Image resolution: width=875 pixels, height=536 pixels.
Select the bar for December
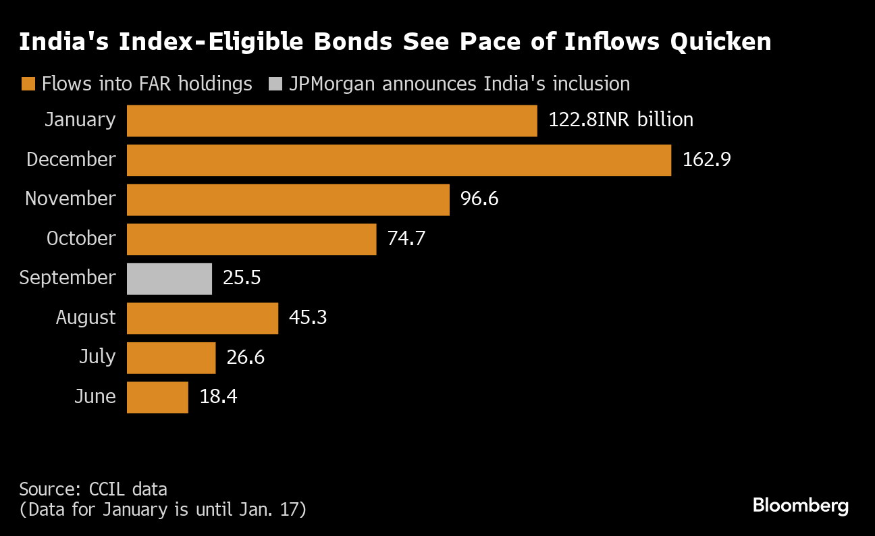click(x=398, y=160)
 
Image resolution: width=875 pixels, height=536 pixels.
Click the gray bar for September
click(x=169, y=279)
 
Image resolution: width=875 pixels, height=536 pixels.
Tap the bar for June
click(x=157, y=397)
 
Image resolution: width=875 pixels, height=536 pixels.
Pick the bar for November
click(x=288, y=200)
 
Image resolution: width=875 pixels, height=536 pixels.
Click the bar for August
click(x=203, y=318)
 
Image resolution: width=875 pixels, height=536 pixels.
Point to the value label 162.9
click(x=707, y=160)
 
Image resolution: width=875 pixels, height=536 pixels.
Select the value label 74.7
click(x=406, y=239)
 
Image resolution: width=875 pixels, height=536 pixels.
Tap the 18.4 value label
click(x=218, y=397)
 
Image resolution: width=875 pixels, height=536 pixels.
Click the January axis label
click(x=80, y=120)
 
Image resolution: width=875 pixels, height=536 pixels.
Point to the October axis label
click(x=81, y=239)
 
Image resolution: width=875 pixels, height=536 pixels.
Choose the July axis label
click(x=97, y=357)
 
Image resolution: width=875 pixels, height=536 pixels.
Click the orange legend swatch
click(x=28, y=84)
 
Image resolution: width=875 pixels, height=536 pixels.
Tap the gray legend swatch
click(x=275, y=84)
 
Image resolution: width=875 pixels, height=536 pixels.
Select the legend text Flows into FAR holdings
click(x=147, y=84)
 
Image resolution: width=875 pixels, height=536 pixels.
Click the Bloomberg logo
click(x=800, y=506)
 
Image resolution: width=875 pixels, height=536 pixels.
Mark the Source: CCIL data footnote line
click(x=93, y=489)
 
